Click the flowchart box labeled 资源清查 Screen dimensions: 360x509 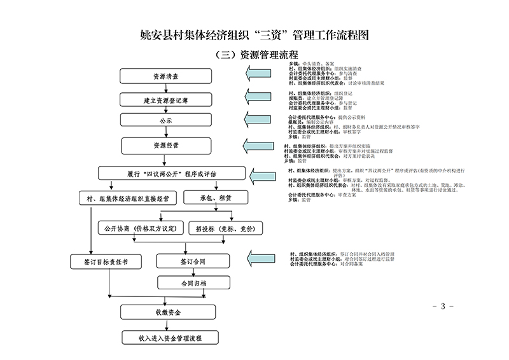point(165,76)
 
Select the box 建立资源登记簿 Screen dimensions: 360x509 point(165,100)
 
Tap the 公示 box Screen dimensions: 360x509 point(165,120)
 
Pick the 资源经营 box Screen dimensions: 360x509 point(165,146)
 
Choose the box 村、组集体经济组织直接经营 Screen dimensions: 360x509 point(127,198)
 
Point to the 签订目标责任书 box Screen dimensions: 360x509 point(102,261)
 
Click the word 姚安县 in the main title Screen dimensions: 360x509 point(156,33)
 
